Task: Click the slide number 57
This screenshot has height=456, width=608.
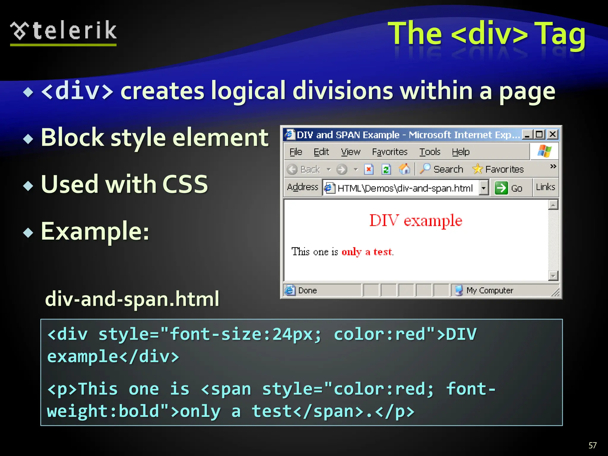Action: tap(592, 445)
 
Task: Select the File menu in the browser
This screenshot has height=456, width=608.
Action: tap(296, 152)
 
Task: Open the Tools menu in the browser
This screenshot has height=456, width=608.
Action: tap(430, 152)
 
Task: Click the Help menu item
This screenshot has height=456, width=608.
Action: tap(460, 152)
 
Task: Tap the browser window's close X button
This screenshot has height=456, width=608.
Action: tap(552, 134)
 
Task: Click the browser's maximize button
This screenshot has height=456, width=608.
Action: tap(539, 134)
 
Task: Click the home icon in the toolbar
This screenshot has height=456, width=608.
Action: tap(404, 169)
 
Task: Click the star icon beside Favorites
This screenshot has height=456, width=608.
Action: tap(478, 169)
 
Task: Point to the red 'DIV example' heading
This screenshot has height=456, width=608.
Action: tap(416, 221)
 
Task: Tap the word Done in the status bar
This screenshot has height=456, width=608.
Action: tap(308, 290)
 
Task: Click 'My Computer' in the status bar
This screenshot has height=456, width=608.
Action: tap(490, 290)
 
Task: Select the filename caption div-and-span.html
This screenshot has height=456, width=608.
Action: tap(132, 299)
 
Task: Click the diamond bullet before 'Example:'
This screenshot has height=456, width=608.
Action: tap(28, 232)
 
